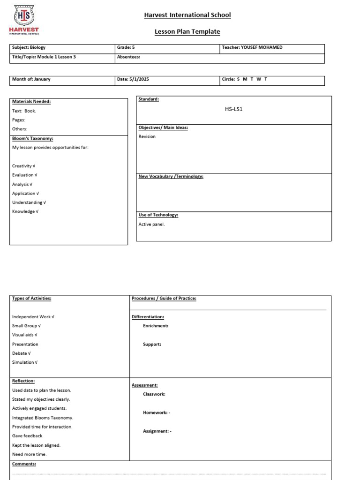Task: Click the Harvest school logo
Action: point(24,20)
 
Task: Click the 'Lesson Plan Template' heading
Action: point(187,31)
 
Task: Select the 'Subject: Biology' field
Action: point(29,47)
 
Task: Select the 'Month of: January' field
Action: point(31,79)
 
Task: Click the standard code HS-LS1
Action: point(234,109)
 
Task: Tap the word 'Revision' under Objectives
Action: point(147,137)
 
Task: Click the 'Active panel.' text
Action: point(151,224)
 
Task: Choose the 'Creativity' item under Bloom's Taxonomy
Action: point(23,166)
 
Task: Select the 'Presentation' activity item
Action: point(25,344)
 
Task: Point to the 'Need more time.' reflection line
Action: point(30,454)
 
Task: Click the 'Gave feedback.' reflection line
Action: point(28,436)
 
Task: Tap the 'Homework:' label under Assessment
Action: point(156,413)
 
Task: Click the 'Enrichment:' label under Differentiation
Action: point(156,326)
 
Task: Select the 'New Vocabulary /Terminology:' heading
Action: point(171,177)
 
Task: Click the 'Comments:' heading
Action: point(24,464)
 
